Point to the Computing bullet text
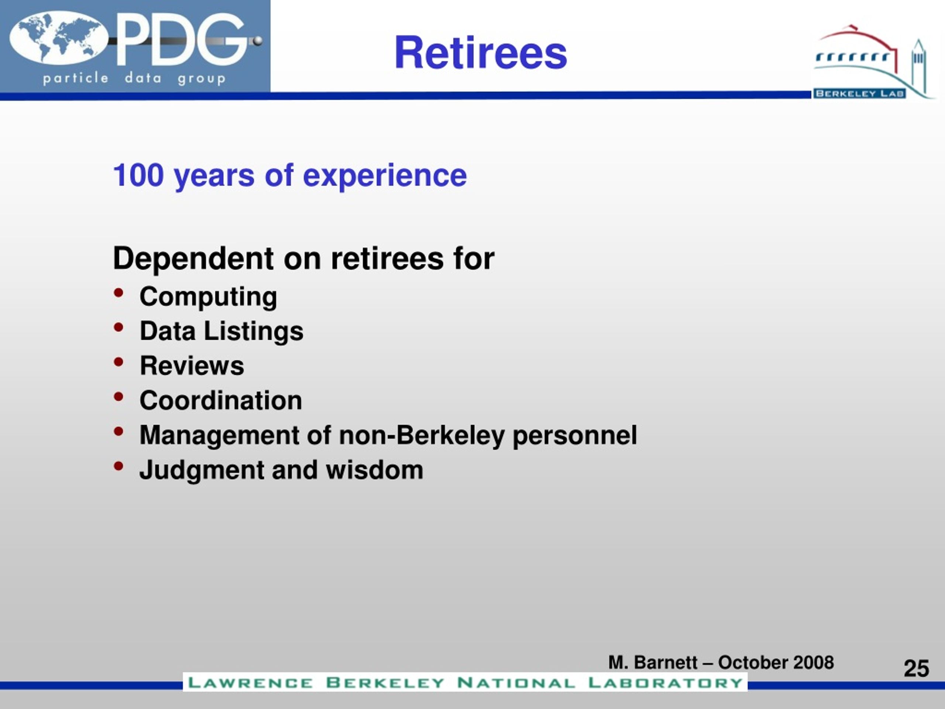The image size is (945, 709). (208, 297)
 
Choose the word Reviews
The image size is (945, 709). (192, 366)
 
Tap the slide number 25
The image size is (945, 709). (916, 668)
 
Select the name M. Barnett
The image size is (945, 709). (653, 662)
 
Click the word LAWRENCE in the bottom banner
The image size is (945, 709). (250, 682)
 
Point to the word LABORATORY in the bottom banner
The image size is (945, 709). (665, 682)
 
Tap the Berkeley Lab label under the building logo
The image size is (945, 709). (859, 93)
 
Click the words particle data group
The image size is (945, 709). (134, 78)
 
